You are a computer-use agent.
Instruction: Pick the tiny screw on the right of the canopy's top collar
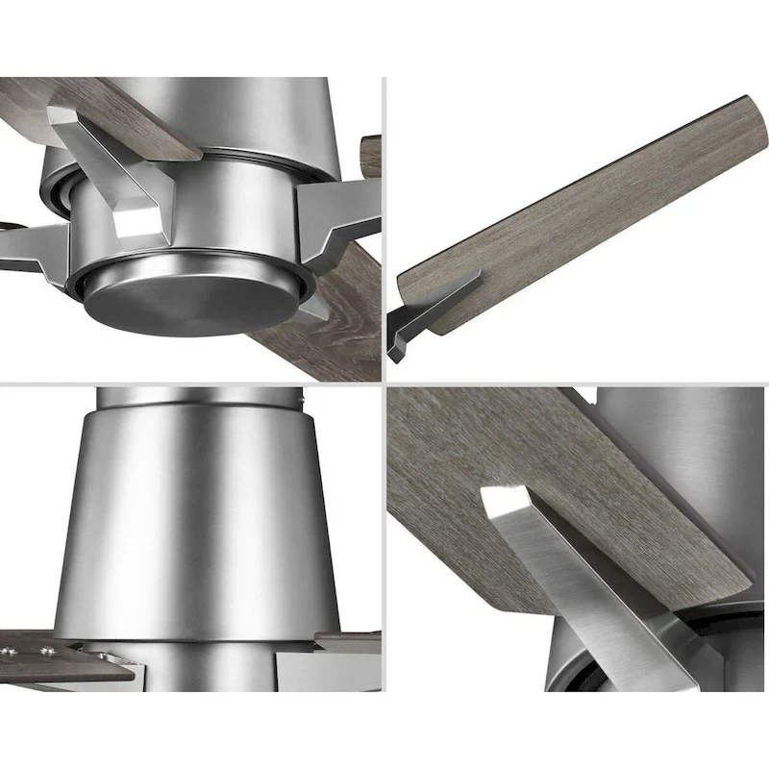(301, 395)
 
